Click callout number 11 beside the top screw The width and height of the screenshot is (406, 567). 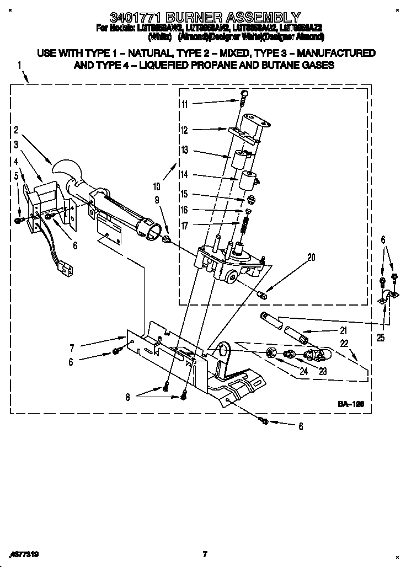click(x=184, y=104)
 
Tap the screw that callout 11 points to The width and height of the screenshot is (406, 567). click(x=243, y=98)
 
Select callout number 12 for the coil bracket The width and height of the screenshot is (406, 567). click(x=184, y=131)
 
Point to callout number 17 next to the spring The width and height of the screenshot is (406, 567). click(x=184, y=225)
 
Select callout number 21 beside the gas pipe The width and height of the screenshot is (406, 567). click(x=343, y=331)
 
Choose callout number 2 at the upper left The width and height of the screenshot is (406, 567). click(x=16, y=130)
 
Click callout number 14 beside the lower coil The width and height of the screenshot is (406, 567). click(x=184, y=174)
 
